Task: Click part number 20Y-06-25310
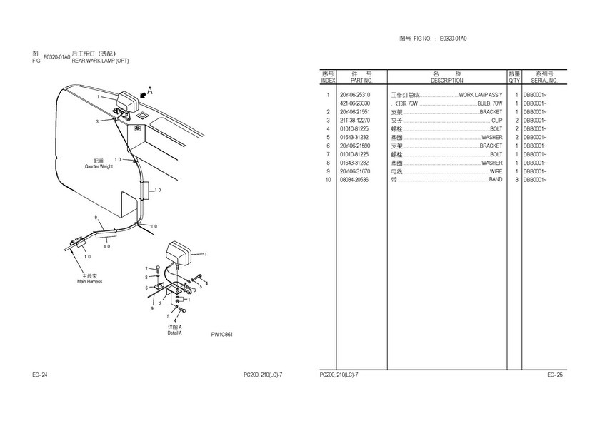pyautogui.click(x=355, y=95)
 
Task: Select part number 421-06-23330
pyautogui.click(x=355, y=103)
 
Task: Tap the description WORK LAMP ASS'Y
pyautogui.click(x=481, y=95)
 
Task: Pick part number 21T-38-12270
pyautogui.click(x=355, y=121)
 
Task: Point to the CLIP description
pyautogui.click(x=496, y=121)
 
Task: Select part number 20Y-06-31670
pyautogui.click(x=355, y=171)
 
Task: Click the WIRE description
pyautogui.click(x=496, y=171)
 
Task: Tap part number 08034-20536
pyautogui.click(x=355, y=180)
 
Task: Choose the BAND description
pyautogui.click(x=495, y=180)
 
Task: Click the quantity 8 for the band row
pyautogui.click(x=516, y=180)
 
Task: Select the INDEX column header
pyautogui.click(x=328, y=81)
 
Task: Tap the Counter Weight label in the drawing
pyautogui.click(x=99, y=166)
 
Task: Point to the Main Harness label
pyautogui.click(x=89, y=281)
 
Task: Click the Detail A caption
pyautogui.click(x=174, y=333)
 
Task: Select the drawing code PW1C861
pyautogui.click(x=222, y=335)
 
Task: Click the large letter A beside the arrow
pyautogui.click(x=149, y=91)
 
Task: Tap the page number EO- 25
pyautogui.click(x=555, y=375)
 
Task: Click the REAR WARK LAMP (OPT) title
pyautogui.click(x=100, y=61)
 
